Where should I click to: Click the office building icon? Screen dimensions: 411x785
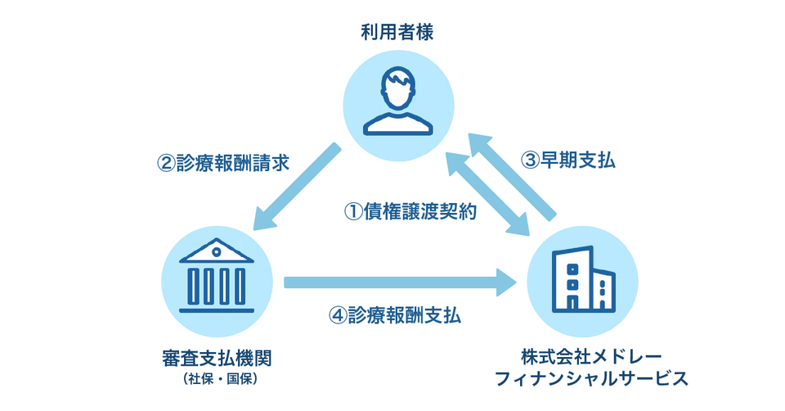coord(583,279)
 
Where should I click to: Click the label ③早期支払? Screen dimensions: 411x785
coord(568,160)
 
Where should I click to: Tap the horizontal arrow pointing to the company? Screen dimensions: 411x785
coord(401,283)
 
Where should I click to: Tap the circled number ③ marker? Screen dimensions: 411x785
coord(532,160)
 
